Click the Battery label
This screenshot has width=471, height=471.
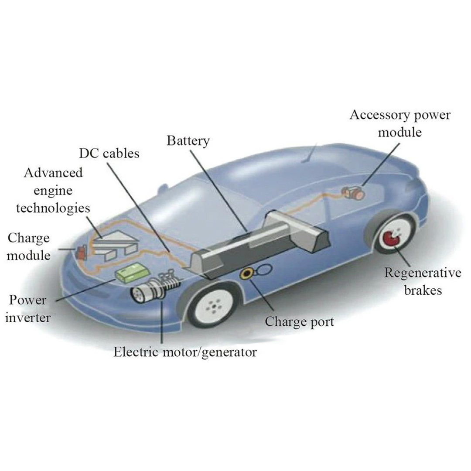(x=188, y=141)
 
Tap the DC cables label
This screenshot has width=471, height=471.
(x=109, y=154)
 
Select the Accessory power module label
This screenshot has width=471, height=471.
(x=399, y=123)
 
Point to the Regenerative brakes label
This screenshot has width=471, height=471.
(x=422, y=281)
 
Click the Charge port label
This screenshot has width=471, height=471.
(x=299, y=322)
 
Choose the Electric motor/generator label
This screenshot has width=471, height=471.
(x=185, y=352)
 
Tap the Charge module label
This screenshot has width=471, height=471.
(x=29, y=246)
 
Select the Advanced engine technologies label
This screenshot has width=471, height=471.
(x=53, y=190)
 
